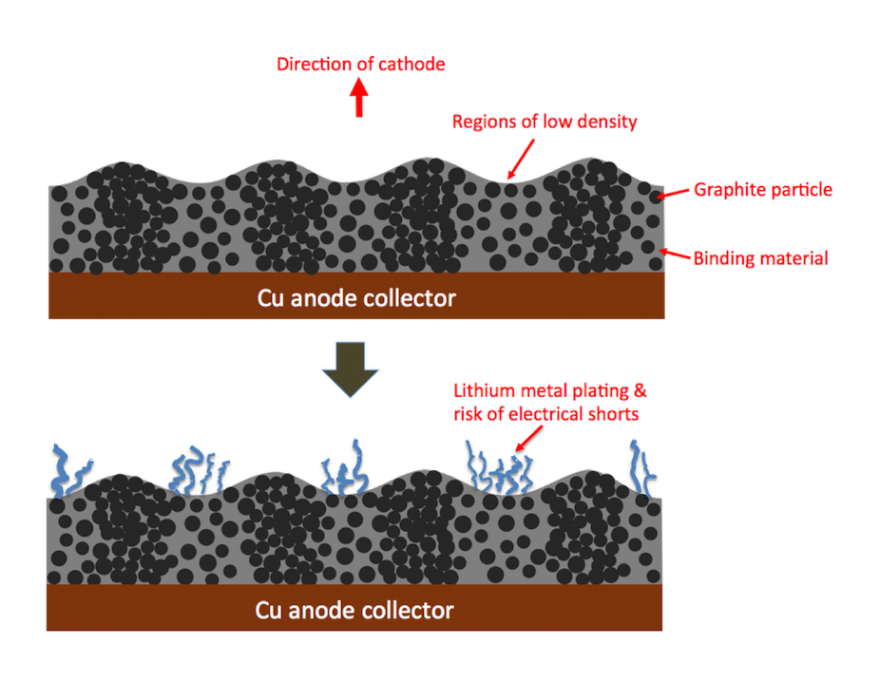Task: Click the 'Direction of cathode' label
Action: point(360,65)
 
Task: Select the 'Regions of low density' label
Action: point(544,122)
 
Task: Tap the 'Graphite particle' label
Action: point(762,189)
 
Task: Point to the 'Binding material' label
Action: point(760,257)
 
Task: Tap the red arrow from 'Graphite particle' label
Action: point(673,194)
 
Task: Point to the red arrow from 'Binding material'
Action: point(673,254)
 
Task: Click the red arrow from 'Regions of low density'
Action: point(521,158)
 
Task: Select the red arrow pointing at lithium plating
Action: point(528,437)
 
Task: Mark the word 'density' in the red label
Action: point(605,122)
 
